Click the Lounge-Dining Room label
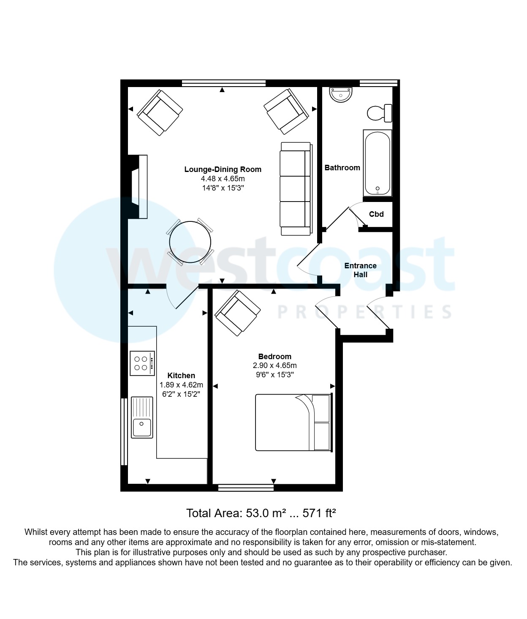point(223,169)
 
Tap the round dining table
point(190,243)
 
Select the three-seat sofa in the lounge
point(296,189)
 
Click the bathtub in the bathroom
point(378,163)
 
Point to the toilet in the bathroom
point(379,113)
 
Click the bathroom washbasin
point(341,95)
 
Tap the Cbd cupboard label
point(376,214)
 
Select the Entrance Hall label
point(360,270)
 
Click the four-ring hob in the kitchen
point(142,363)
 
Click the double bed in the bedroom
point(293,423)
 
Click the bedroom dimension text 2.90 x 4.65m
point(274,365)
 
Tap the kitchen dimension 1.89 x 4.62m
point(181,385)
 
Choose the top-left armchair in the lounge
point(160,112)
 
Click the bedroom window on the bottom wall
point(246,488)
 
